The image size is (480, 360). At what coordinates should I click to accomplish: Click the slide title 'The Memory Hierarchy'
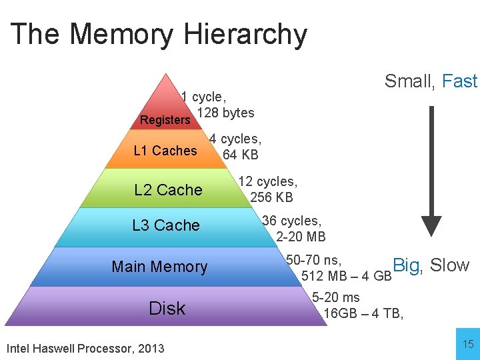[x=159, y=35]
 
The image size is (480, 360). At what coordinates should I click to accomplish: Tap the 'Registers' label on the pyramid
[x=165, y=120]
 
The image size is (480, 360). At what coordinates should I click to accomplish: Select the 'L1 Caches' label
[x=165, y=151]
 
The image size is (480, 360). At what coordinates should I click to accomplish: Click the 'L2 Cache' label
[x=168, y=190]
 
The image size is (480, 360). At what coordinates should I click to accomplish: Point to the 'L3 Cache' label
[x=166, y=225]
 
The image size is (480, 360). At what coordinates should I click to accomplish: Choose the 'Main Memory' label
[x=160, y=267]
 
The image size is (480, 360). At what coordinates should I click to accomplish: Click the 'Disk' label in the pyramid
[x=167, y=308]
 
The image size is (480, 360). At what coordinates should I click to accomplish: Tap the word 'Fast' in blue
[x=460, y=81]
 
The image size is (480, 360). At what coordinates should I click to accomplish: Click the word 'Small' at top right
[x=409, y=82]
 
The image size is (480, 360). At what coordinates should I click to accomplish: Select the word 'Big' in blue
[x=407, y=265]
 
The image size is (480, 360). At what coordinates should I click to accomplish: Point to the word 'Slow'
[x=450, y=265]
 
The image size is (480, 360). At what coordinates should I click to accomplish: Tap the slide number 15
[x=468, y=344]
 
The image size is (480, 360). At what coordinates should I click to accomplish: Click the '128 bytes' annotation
[x=225, y=113]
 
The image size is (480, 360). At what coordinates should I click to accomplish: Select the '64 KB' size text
[x=240, y=155]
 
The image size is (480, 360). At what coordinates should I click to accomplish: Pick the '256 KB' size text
[x=271, y=197]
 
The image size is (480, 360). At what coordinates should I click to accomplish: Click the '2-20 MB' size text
[x=301, y=236]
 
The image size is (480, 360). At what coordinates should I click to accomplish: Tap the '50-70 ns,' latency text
[x=314, y=260]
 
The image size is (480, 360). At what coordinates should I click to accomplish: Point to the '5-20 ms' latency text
[x=336, y=297]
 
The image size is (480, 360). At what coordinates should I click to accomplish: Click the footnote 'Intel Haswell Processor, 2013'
[x=85, y=348]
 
